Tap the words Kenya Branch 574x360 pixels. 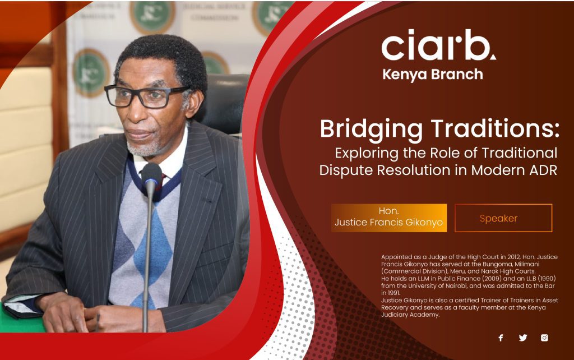pos(433,75)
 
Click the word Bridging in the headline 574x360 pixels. pos(371,130)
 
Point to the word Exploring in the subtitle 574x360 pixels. pos(367,154)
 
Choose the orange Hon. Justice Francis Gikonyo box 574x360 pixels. pos(389,218)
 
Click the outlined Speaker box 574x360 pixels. pos(503,218)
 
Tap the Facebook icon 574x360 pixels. pos(501,338)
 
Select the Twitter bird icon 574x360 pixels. pos(523,338)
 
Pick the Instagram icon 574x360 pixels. pos(544,338)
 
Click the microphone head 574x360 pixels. pos(151,176)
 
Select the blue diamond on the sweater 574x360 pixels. pos(153,249)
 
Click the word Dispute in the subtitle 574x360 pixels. pos(346,170)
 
